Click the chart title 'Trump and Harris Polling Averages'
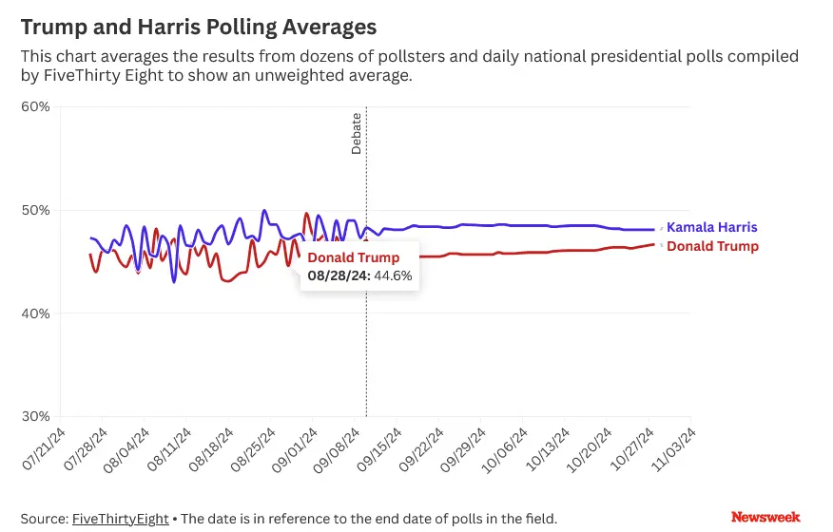point(199,27)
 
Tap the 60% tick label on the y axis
point(35,105)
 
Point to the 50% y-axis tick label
point(35,210)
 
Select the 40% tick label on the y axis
point(35,313)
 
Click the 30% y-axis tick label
point(35,417)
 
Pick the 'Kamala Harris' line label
point(711,228)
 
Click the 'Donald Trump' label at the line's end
point(712,247)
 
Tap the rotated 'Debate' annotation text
point(357,134)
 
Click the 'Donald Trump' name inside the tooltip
point(353,258)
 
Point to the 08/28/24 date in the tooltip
point(334,276)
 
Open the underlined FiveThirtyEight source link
point(120,519)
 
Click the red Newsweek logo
point(765,518)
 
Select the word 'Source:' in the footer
point(44,519)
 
